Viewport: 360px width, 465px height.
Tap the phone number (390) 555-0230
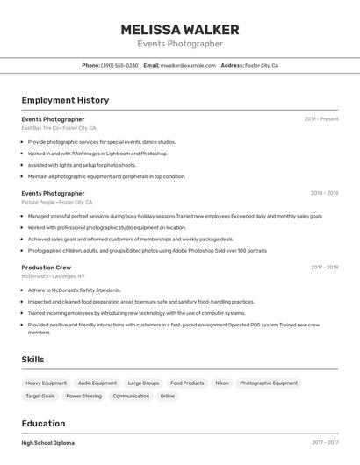(x=119, y=65)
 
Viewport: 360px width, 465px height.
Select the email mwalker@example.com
(x=188, y=65)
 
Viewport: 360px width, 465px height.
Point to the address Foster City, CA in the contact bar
(x=262, y=65)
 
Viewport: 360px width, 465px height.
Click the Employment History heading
(x=65, y=100)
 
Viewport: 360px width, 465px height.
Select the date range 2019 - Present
(x=321, y=119)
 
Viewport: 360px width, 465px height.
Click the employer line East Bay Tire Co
(x=58, y=128)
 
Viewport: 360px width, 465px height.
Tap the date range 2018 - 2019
(x=324, y=193)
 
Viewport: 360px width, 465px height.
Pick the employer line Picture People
(x=56, y=202)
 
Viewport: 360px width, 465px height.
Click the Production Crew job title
(x=47, y=267)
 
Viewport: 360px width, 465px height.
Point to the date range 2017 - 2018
(x=324, y=267)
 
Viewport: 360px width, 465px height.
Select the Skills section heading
(x=32, y=359)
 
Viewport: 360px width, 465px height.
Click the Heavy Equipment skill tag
(x=46, y=383)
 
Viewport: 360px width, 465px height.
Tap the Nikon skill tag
(x=222, y=383)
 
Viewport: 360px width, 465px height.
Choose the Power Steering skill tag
(x=83, y=396)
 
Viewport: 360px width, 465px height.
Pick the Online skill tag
(x=167, y=396)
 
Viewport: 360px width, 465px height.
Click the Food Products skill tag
(x=187, y=383)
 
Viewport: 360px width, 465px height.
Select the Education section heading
(x=43, y=423)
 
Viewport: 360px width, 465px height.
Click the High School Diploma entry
(x=48, y=443)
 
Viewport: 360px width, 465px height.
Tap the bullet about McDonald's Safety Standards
(x=74, y=290)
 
